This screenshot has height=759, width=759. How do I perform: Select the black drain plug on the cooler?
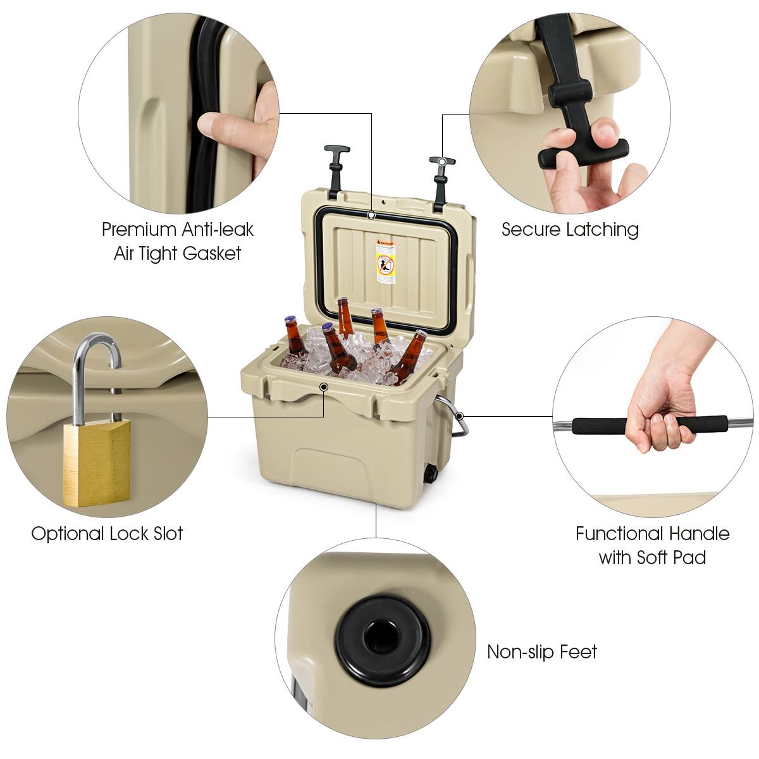(432, 474)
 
